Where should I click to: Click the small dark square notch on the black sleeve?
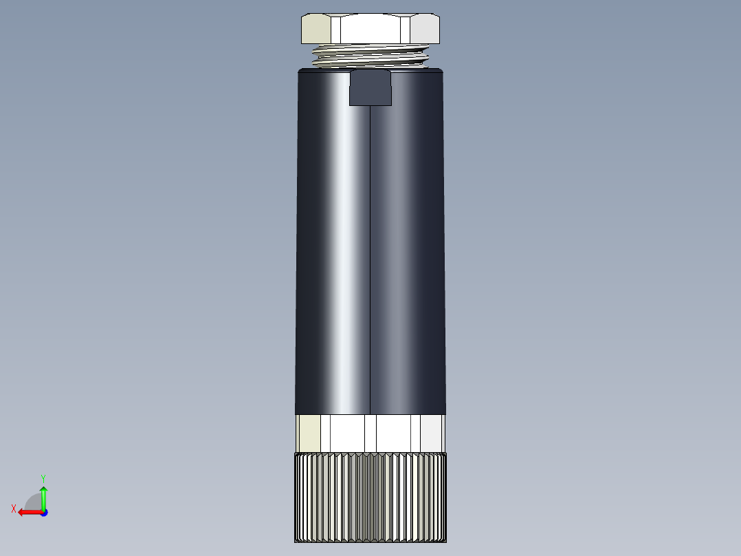370,88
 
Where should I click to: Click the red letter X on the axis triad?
14,509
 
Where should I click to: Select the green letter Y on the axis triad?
43,477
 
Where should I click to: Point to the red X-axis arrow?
28,512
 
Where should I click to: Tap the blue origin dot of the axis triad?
43,513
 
